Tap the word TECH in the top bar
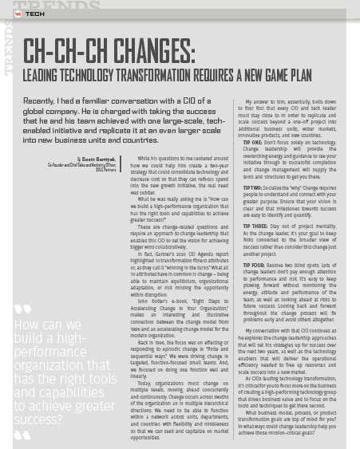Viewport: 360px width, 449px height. point(35,14)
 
